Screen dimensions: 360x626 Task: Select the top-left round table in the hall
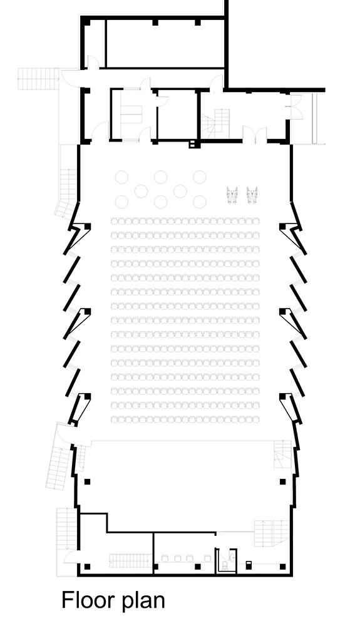(121, 177)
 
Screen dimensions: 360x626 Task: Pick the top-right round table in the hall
(200, 177)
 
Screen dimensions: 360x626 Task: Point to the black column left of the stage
(88, 481)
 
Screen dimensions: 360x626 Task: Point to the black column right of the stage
(282, 481)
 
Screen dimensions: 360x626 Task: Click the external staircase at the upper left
(38, 79)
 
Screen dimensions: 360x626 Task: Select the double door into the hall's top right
(255, 135)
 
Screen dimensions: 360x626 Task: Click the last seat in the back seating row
(255, 419)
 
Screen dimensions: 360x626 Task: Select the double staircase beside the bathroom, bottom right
(271, 533)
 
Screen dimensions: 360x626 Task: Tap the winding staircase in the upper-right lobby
(216, 122)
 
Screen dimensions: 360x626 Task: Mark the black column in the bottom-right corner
(282, 567)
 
